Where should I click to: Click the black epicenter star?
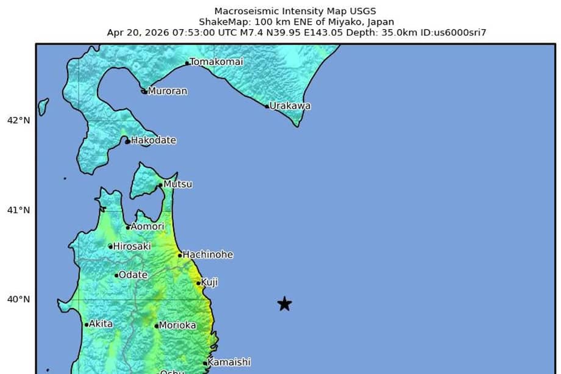coord(284,304)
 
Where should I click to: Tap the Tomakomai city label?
coord(216,62)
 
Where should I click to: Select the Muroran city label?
coord(167,91)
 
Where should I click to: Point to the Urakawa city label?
coord(290,106)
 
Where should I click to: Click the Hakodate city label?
coord(154,140)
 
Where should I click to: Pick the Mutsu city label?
coord(178,184)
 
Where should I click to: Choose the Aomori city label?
coord(148,226)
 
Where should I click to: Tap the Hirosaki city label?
coord(130,246)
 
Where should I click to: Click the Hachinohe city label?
coord(208,254)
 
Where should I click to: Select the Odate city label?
coord(133,275)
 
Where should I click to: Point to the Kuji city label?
coord(210,282)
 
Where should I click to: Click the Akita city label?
coord(101,324)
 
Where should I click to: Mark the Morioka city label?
coord(177,325)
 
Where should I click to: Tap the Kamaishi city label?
coord(229,362)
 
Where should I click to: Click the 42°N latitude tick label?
coord(19,120)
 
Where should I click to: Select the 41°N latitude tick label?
coord(19,210)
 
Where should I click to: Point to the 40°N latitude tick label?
coord(19,299)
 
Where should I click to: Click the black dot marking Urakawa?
coord(267,106)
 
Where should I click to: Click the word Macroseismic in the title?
coord(244,11)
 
